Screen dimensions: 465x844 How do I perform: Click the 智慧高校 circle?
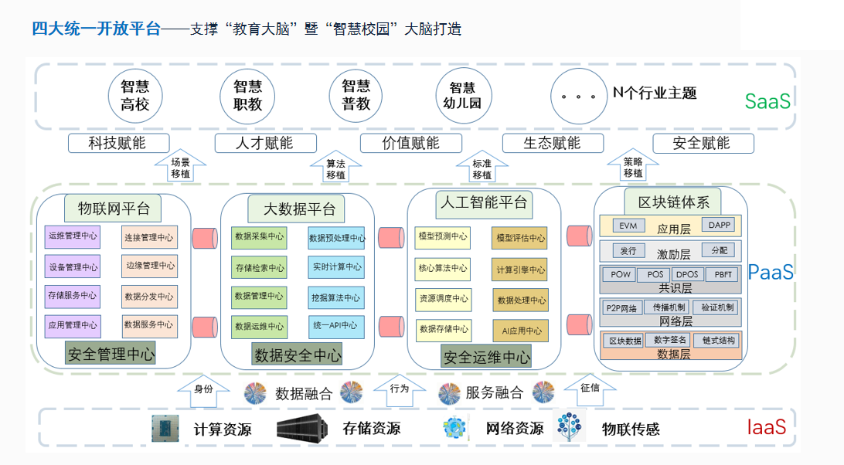pos(134,95)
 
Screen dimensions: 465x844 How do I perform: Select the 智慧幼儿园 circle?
pos(463,95)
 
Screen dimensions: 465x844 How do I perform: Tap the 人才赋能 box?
pos(265,143)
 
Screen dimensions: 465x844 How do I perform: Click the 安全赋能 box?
pos(702,143)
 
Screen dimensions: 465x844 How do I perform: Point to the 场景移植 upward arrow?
pos(180,166)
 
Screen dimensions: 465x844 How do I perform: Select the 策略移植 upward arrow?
pos(633,166)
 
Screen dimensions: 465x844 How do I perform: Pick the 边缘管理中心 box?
pos(149,266)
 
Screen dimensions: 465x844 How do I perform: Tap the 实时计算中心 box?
pos(335,267)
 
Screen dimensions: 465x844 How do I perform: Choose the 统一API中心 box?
pos(335,326)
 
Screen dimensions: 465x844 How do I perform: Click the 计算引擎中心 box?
pos(520,270)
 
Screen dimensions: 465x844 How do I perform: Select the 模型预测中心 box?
pos(442,236)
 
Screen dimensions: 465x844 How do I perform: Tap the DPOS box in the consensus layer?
pos(686,274)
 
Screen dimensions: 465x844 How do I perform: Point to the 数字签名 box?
pos(669,339)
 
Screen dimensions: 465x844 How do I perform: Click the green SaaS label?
pos(767,101)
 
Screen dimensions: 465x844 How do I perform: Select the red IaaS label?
pos(767,427)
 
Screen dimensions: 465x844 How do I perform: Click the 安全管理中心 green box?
pos(111,355)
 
